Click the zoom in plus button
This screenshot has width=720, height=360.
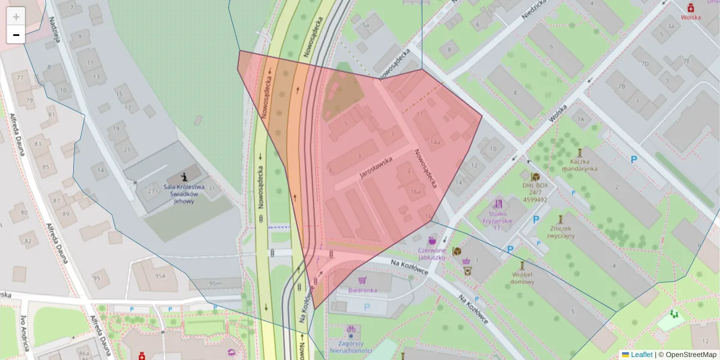pyautogui.click(x=16, y=17)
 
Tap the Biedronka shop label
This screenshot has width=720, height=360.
pyautogui.click(x=362, y=290)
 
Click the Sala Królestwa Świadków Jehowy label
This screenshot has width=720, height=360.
pyautogui.click(x=184, y=194)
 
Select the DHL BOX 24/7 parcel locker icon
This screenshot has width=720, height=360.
pyautogui.click(x=535, y=178)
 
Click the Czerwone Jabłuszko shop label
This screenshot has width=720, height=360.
pyautogui.click(x=431, y=253)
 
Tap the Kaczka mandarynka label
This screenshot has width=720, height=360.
pyautogui.click(x=580, y=165)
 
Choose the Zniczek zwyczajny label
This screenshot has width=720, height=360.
pyautogui.click(x=561, y=232)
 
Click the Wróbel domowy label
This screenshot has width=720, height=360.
pyautogui.click(x=523, y=277)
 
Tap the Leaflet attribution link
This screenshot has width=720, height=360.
pyautogui.click(x=641, y=355)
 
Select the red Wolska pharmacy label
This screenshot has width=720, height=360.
pyautogui.click(x=691, y=17)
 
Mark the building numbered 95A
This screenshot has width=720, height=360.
pyautogui.click(x=160, y=276)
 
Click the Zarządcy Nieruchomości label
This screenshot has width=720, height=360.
pyautogui.click(x=351, y=346)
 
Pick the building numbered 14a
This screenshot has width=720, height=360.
pyautogui.click(x=434, y=142)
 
